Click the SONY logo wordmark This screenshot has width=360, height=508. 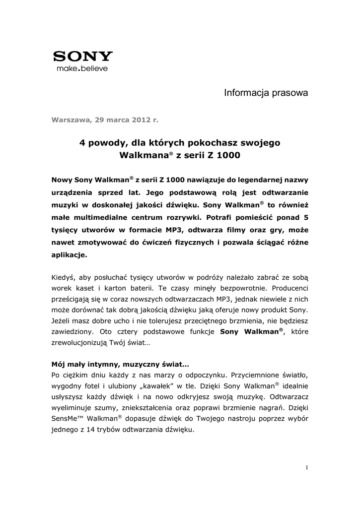click(x=83, y=56)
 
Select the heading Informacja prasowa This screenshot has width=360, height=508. click(x=266, y=93)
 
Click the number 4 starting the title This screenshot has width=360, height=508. click(x=82, y=143)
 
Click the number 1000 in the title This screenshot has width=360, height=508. click(x=228, y=155)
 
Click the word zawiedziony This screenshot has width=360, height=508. click(x=74, y=334)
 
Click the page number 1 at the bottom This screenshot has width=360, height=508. click(x=307, y=468)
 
